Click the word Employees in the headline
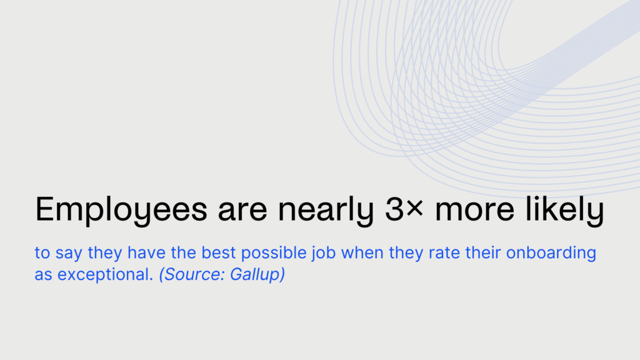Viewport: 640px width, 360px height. (121, 210)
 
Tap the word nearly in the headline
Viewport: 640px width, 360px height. (326, 210)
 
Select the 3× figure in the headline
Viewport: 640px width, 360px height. (404, 209)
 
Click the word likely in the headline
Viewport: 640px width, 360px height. (564, 210)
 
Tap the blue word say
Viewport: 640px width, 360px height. (69, 254)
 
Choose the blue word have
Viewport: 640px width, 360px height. (146, 252)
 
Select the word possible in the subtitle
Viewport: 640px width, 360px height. (274, 254)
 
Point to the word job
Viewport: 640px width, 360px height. (324, 254)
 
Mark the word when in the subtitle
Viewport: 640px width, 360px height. (362, 252)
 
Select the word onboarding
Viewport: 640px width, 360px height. (551, 254)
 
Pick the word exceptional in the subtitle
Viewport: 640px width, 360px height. (105, 275)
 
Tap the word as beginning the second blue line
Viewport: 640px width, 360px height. (43, 275)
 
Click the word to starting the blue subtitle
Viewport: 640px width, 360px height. (42, 253)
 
